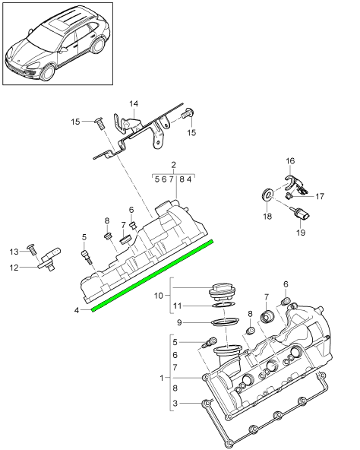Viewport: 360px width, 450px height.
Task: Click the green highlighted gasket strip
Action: click(153, 275)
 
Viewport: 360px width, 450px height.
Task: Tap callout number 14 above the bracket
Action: click(134, 103)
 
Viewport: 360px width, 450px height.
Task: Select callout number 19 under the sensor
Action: click(301, 233)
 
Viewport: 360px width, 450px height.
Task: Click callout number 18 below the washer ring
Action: click(267, 216)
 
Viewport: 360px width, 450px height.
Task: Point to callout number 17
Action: click(320, 196)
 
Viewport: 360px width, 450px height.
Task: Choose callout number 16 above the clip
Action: click(290, 160)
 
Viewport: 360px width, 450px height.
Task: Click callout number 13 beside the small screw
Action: click(14, 252)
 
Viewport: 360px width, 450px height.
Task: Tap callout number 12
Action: click(14, 268)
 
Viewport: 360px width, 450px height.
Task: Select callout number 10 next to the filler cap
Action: click(158, 295)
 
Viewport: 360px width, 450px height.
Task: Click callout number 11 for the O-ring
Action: click(178, 306)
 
